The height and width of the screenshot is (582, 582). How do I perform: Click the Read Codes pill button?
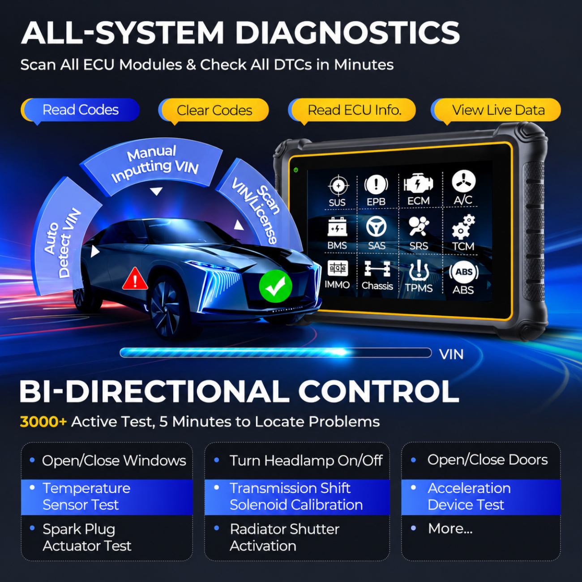tap(80, 110)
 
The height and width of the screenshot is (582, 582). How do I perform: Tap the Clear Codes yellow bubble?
tap(214, 110)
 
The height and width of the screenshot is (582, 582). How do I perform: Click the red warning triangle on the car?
tap(135, 279)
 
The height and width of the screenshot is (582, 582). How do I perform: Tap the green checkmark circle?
tap(275, 286)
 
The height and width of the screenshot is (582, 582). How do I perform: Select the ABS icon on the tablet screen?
tap(464, 272)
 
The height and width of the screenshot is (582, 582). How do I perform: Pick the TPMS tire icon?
tap(419, 270)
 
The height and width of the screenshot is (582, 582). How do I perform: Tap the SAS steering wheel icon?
tap(377, 227)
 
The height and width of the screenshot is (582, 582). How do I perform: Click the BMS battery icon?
tap(337, 227)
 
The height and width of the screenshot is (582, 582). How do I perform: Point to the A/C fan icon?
tap(464, 181)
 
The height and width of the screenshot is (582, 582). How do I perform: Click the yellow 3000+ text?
tap(43, 422)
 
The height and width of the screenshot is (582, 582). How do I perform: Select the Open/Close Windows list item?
tap(114, 461)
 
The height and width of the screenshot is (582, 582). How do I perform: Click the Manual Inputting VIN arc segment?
tap(154, 167)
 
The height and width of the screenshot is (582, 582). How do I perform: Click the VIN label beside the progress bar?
tap(451, 354)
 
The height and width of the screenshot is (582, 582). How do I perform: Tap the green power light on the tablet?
tap(295, 170)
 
